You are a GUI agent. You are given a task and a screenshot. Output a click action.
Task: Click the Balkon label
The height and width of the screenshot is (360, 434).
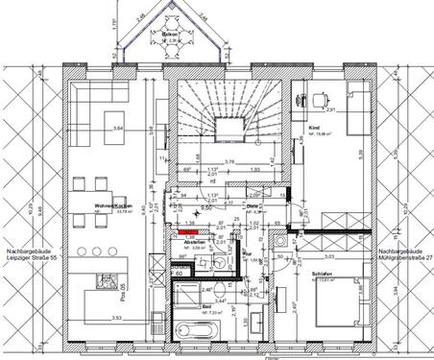(168, 34)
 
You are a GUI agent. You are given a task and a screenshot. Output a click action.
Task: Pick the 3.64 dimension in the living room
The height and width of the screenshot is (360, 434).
(118, 128)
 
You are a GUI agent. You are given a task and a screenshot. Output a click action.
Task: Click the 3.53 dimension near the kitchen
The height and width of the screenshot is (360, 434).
(116, 316)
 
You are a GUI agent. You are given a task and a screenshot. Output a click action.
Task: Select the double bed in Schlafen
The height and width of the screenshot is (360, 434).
(335, 307)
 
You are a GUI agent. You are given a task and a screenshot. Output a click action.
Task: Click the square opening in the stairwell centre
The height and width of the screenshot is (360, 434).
(229, 126)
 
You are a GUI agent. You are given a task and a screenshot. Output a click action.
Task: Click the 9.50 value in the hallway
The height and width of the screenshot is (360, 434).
(205, 206)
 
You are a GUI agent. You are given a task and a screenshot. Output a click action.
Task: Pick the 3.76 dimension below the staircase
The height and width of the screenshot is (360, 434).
(229, 161)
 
